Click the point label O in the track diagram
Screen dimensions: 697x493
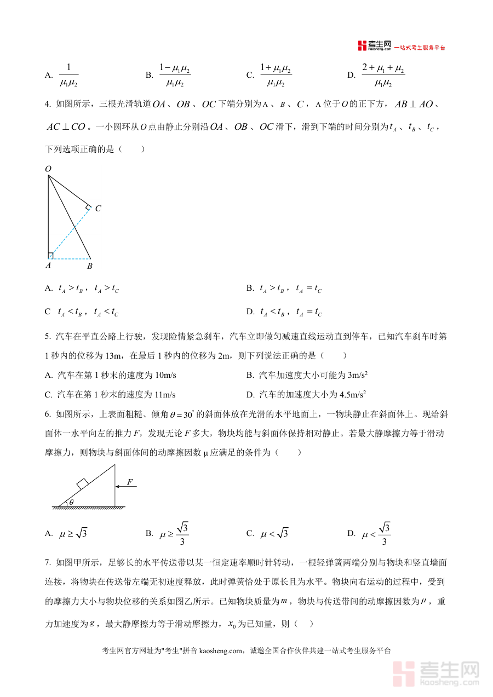(x=48, y=170)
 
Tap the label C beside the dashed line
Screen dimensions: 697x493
(x=98, y=209)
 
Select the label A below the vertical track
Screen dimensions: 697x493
(x=48, y=266)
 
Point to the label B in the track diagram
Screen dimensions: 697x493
(x=89, y=266)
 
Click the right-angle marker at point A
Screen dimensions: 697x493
(x=50, y=256)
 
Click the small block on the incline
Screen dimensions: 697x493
(x=82, y=483)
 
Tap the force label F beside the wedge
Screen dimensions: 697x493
(x=130, y=482)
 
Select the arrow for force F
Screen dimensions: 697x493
(x=125, y=486)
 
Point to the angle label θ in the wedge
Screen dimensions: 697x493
(x=70, y=502)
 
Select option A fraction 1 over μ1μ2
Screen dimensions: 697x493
(x=68, y=75)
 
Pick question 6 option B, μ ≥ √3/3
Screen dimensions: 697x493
(x=174, y=533)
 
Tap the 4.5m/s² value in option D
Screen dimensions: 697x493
(x=353, y=394)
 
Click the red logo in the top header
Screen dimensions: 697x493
(x=362, y=46)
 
